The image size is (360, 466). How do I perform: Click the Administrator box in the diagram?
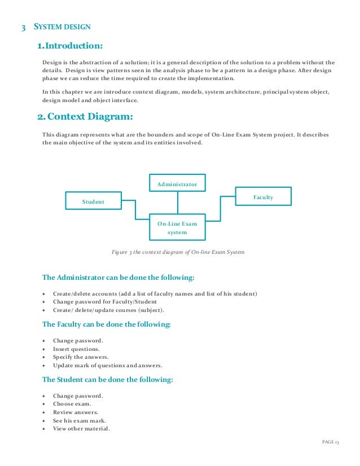(x=177, y=184)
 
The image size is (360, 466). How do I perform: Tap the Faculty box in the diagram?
(x=263, y=197)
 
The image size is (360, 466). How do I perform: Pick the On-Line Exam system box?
(x=177, y=228)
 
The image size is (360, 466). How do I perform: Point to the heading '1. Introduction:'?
(x=69, y=45)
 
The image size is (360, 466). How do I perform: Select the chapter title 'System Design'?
(x=62, y=27)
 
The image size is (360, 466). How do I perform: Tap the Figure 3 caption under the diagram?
(x=178, y=252)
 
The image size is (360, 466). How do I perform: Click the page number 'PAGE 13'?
(x=330, y=441)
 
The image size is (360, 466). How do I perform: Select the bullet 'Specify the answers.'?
(x=81, y=357)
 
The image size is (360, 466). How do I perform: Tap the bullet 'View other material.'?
(x=81, y=428)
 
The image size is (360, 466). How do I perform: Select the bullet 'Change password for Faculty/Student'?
(x=106, y=302)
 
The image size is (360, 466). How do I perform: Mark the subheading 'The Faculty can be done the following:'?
(x=107, y=324)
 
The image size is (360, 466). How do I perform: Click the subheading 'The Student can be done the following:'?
(x=108, y=380)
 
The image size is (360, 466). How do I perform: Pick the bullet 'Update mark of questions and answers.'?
(x=107, y=365)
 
